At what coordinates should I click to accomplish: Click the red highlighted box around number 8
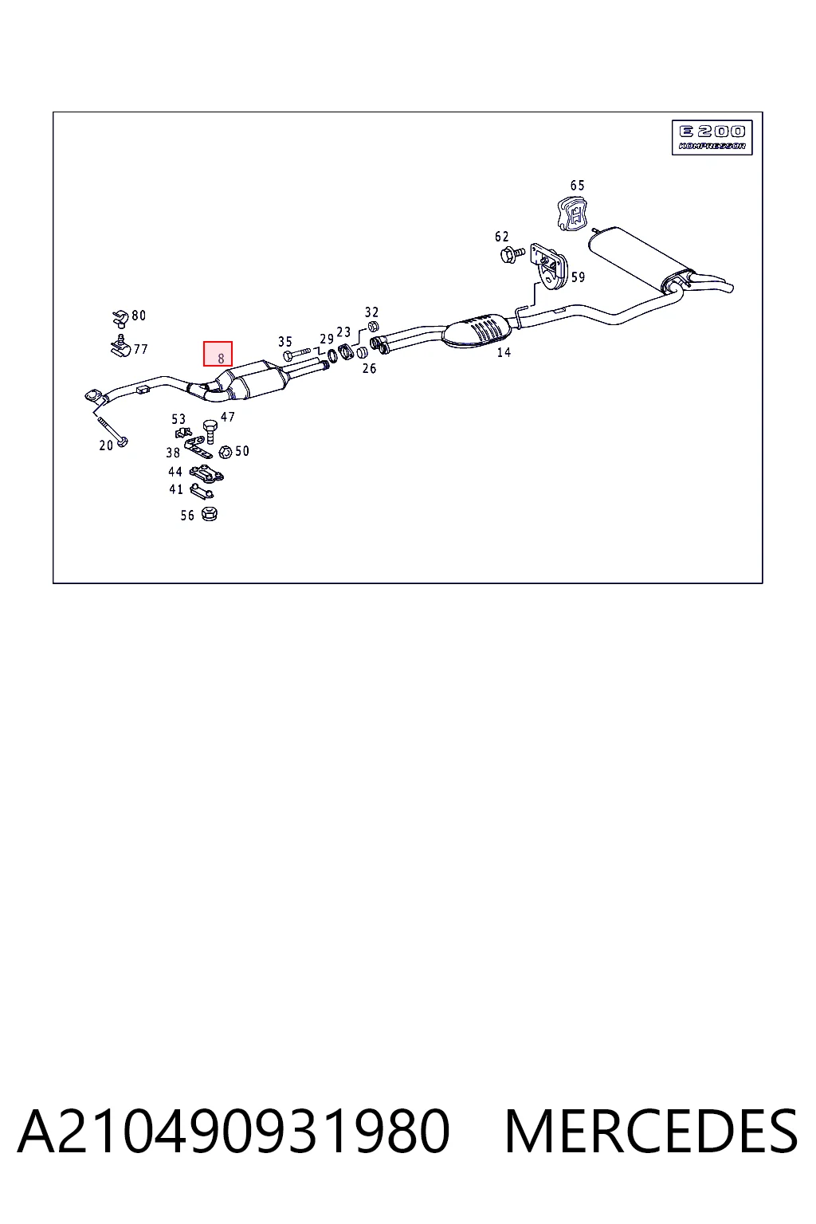218,354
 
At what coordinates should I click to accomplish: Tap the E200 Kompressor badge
712,137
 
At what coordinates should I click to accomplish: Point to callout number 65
577,186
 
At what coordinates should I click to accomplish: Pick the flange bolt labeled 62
512,253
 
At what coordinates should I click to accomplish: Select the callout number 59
578,277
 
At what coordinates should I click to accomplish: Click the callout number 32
371,312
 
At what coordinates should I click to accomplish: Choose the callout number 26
370,369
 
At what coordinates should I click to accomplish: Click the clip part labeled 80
120,318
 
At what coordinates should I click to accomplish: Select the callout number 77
140,348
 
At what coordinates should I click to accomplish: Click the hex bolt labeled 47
210,431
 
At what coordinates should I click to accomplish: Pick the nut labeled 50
225,452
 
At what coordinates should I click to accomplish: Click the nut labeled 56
210,514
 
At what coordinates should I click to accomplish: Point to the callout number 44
175,471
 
